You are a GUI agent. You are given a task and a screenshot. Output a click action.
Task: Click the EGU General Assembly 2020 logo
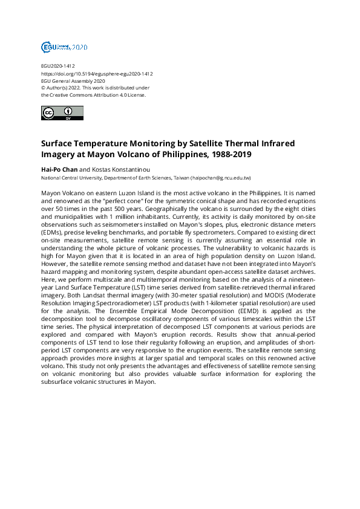64,47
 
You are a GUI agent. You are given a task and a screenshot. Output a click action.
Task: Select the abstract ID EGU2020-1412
58,66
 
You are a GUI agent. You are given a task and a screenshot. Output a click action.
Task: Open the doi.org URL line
97,73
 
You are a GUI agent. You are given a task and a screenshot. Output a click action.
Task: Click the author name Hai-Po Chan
59,170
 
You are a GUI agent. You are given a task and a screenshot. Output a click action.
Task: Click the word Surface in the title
58,144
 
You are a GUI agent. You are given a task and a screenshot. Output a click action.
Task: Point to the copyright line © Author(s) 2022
67,88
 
